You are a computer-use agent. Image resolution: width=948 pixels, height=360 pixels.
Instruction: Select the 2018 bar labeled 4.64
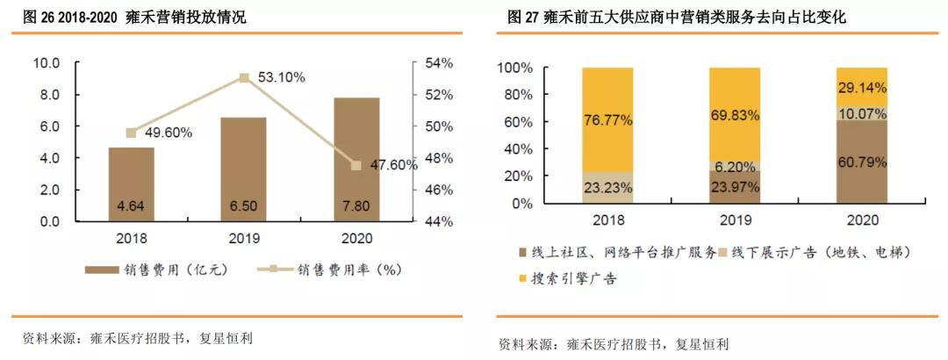(131, 184)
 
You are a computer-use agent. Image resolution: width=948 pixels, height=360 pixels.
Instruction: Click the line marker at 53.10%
(244, 77)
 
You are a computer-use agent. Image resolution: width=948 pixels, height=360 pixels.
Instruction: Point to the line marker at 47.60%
(356, 165)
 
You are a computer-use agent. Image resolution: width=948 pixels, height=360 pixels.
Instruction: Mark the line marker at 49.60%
(131, 133)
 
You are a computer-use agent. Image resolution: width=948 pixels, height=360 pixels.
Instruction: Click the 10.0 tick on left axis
(46, 63)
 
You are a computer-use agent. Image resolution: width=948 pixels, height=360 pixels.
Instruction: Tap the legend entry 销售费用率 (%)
(338, 270)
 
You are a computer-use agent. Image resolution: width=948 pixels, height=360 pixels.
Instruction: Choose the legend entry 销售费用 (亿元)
(158, 270)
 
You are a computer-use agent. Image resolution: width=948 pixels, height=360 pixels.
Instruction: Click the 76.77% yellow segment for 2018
(607, 119)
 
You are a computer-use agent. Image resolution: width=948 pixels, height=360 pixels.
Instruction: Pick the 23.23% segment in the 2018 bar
(607, 187)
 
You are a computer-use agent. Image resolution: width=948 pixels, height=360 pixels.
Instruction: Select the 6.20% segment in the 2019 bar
(735, 166)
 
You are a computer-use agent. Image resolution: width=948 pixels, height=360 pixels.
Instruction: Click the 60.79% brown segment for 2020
(862, 162)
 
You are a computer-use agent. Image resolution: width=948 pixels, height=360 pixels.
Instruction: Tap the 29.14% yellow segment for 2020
(862, 87)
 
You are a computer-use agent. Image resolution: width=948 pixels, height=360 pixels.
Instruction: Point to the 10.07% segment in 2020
(862, 113)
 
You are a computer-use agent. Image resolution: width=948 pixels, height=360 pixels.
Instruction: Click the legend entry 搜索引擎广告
(571, 278)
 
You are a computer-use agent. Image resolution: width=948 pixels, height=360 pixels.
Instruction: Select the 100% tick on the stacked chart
(514, 68)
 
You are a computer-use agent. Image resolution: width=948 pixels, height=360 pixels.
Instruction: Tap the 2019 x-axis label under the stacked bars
(735, 220)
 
